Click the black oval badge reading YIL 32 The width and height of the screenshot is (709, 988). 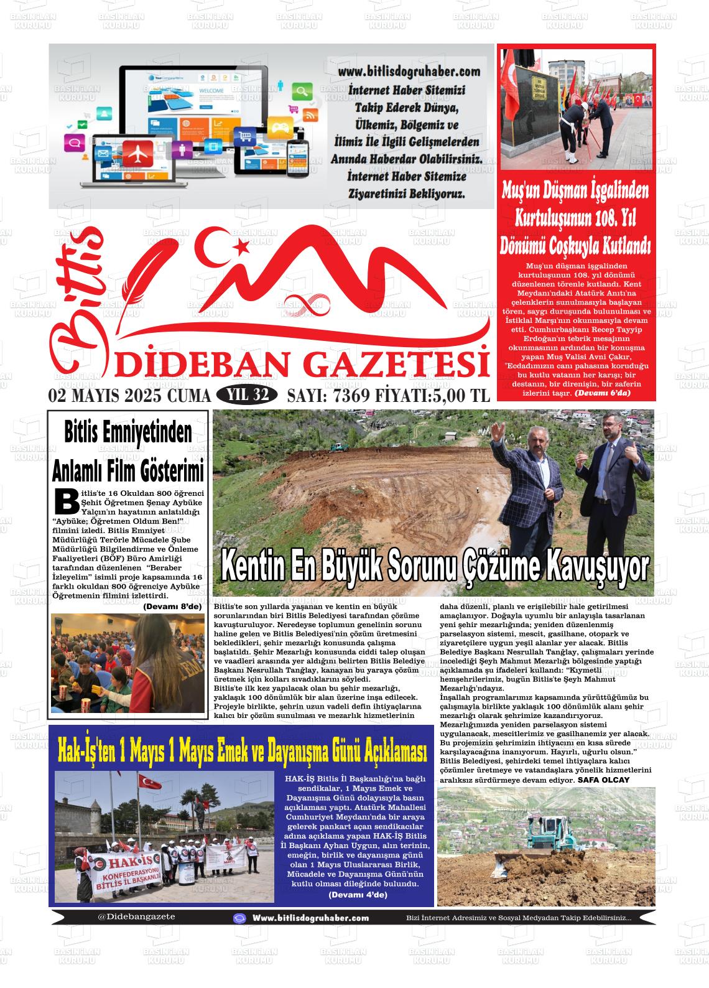pos(247,395)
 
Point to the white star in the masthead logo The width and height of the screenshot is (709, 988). pos(240,247)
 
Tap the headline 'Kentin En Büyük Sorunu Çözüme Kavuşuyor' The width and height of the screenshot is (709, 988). pos(434,567)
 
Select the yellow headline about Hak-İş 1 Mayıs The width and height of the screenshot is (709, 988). pos(242,751)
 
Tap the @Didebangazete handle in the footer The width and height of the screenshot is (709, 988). pos(136,916)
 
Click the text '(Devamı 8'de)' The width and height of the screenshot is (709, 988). pos(172,606)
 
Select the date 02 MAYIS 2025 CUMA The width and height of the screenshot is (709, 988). pos(129,396)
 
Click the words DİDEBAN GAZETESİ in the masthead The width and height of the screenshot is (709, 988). pos(302,365)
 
